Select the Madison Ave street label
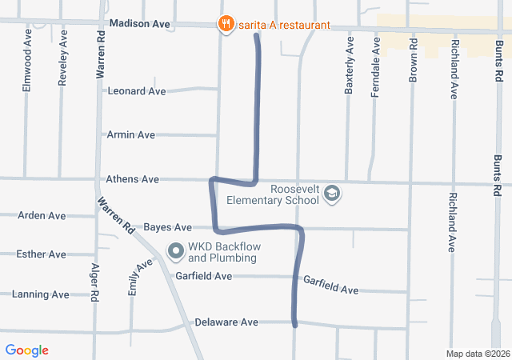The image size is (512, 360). pos(140,24)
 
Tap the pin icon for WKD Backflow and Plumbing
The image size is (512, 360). pos(176,252)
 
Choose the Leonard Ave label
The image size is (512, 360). pos(136,91)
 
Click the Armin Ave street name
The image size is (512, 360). pos(130,135)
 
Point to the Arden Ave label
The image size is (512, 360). pos(42,216)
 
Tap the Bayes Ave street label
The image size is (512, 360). pos(168,228)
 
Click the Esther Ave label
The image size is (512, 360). pos(41,254)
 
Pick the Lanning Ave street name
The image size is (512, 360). pos(41,294)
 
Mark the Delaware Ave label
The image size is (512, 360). pos(226,322)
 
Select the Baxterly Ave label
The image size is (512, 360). pos(349,65)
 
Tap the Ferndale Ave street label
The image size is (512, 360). pos(374,68)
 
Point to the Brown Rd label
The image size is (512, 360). pos(414,53)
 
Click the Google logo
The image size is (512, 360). pos(27,350)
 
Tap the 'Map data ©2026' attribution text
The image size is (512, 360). pos(478,354)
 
